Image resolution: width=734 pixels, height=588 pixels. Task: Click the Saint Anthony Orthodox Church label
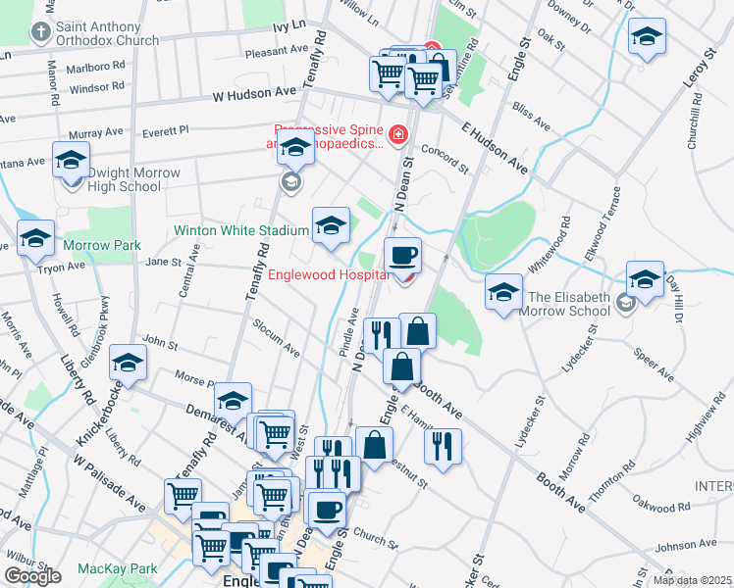point(107,33)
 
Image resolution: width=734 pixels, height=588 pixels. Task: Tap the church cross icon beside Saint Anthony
point(40,33)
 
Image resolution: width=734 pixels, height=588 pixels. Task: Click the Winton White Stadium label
point(241,231)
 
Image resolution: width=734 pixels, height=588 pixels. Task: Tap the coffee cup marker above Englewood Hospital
point(402,257)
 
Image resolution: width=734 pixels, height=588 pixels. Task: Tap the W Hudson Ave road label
point(254,95)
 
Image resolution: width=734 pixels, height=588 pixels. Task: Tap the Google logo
point(32,576)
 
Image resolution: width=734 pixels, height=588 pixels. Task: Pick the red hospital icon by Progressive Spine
point(397,134)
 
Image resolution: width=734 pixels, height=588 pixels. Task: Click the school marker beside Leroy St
point(647,39)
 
